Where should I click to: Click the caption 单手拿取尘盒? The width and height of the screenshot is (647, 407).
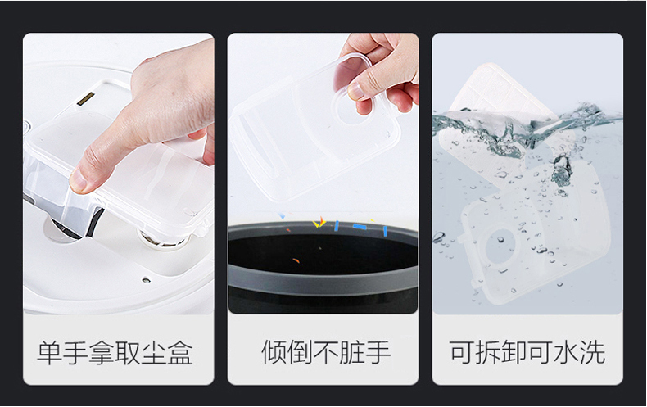[115, 352]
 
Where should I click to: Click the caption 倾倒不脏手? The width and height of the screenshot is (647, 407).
[326, 352]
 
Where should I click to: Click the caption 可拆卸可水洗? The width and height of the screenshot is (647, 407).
[527, 352]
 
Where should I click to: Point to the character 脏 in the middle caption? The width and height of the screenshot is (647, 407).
[352, 352]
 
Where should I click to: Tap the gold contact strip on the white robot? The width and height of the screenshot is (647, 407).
[86, 98]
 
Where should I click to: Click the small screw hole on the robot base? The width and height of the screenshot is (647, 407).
[146, 280]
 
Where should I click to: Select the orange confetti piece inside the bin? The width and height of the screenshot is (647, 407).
[296, 260]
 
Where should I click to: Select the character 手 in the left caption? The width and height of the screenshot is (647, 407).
[76, 352]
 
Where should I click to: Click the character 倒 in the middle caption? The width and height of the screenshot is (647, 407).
[300, 352]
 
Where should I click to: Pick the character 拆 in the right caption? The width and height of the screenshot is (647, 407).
[489, 352]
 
